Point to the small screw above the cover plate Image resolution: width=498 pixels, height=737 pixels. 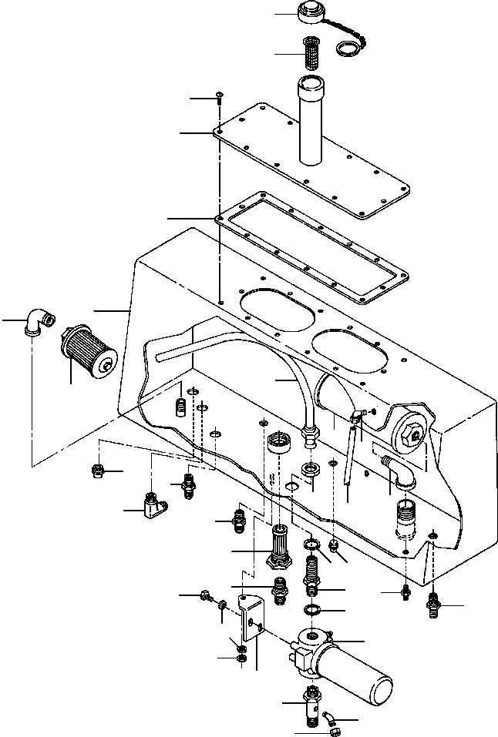[220, 97]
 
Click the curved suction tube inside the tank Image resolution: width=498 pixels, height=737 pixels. [297, 385]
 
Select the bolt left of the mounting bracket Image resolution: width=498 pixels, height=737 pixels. [207, 595]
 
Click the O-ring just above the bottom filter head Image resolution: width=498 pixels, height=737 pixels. [312, 610]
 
